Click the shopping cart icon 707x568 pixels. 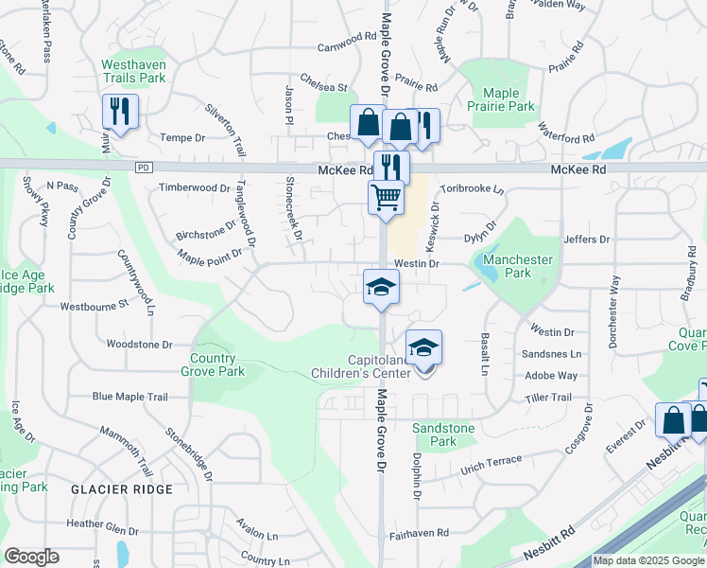point(386,198)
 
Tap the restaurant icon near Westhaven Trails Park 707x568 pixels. point(120,111)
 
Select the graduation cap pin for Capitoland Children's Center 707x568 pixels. point(424,346)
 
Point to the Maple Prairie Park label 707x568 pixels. point(508,99)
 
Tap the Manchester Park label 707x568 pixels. point(517,266)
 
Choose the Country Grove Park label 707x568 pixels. point(217,364)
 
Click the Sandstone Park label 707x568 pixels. point(443,435)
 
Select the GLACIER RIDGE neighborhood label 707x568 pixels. point(121,489)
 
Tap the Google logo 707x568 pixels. point(31,557)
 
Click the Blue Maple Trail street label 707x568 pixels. point(129,397)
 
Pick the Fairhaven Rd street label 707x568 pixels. point(418,534)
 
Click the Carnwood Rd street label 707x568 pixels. point(347,46)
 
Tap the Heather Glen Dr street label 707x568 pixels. point(102,524)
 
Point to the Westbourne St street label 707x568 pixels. point(93,307)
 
